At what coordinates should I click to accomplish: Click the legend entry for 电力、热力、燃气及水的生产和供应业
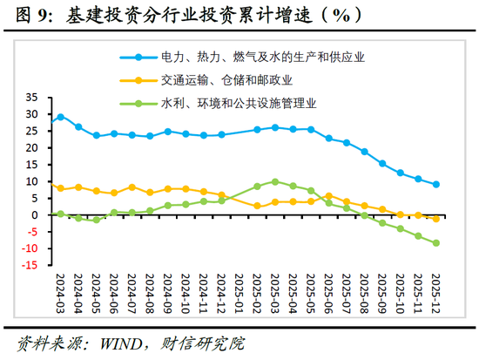click(262, 57)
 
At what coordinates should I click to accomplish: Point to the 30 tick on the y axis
click(32, 114)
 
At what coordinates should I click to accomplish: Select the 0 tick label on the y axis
click(35, 215)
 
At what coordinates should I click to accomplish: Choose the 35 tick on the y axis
click(32, 98)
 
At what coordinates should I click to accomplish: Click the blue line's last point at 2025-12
click(435, 184)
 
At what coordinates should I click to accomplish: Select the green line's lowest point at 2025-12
click(435, 243)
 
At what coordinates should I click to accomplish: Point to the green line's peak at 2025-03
click(274, 181)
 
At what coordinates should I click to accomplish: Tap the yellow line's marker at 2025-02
click(257, 206)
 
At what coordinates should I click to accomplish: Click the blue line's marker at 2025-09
click(381, 163)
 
